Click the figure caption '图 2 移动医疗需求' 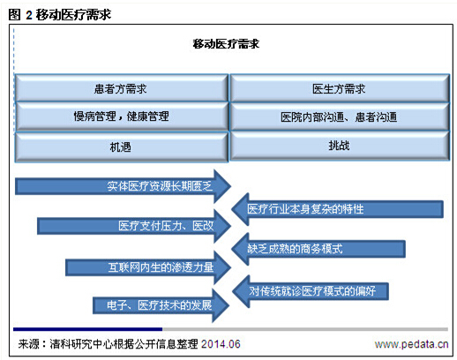(x=60, y=14)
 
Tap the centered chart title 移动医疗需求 (x=226, y=44)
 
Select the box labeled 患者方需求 (x=122, y=88)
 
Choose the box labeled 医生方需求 (x=340, y=88)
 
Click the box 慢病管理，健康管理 (x=122, y=116)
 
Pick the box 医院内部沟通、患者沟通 (x=340, y=116)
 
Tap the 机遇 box (x=122, y=146)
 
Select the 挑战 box (x=340, y=146)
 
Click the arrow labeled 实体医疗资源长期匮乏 (x=123, y=186)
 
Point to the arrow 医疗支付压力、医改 (x=134, y=226)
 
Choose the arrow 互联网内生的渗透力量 (x=148, y=267)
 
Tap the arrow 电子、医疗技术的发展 (x=161, y=305)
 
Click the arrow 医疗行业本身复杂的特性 (x=337, y=209)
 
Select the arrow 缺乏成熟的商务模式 (x=318, y=249)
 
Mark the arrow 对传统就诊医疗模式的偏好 (x=311, y=291)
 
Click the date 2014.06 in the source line (x=221, y=344)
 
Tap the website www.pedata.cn (x=411, y=344)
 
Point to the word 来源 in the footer (x=28, y=344)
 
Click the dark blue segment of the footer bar (x=87, y=329)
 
